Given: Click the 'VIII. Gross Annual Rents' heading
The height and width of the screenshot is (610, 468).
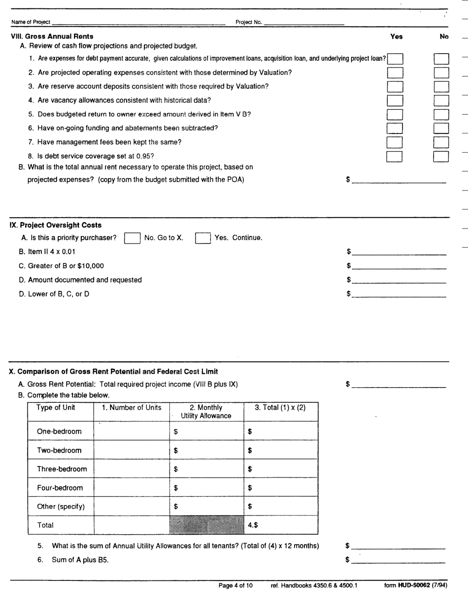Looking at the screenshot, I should click(x=49, y=36).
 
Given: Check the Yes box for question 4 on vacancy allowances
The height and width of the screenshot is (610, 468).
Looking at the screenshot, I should click(x=395, y=101).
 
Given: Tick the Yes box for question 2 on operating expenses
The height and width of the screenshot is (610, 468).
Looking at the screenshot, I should click(x=395, y=74).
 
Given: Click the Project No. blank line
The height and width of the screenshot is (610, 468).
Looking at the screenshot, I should click(x=304, y=23).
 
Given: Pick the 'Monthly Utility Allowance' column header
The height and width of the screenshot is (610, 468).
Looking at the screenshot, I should click(x=206, y=411).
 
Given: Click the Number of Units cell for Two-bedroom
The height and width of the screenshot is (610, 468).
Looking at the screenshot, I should click(x=131, y=449).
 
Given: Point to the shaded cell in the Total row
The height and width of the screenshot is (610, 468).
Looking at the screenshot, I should click(x=206, y=524).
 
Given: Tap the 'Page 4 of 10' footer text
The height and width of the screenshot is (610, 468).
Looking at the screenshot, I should click(x=239, y=585).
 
